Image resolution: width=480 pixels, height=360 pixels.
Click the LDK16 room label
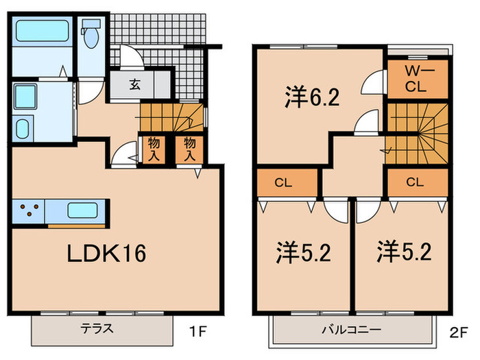[106, 254]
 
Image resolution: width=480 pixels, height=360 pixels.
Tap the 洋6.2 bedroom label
[312, 97]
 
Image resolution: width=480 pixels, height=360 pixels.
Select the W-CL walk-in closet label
[416, 79]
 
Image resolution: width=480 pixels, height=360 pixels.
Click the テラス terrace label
[97, 328]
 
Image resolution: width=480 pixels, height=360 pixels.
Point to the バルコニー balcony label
[351, 330]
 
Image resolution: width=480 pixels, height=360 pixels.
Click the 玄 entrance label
[134, 84]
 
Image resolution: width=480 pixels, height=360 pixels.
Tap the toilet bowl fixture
[91, 34]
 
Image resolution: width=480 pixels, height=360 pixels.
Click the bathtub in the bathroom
[43, 31]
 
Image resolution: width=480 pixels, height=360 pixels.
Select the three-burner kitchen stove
[29, 211]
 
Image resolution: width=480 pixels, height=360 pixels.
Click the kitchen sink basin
[83, 211]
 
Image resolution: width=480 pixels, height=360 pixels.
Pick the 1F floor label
[198, 331]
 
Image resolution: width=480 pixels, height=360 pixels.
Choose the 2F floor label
[458, 333]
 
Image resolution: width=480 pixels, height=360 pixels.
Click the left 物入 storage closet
[154, 149]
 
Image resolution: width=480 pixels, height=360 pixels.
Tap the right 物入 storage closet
[189, 149]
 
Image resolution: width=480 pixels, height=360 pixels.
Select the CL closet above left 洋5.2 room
[287, 183]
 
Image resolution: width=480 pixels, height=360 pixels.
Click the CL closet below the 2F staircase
[418, 182]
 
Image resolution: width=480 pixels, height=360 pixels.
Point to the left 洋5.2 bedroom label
[303, 253]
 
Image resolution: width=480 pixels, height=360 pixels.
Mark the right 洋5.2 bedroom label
[404, 252]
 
